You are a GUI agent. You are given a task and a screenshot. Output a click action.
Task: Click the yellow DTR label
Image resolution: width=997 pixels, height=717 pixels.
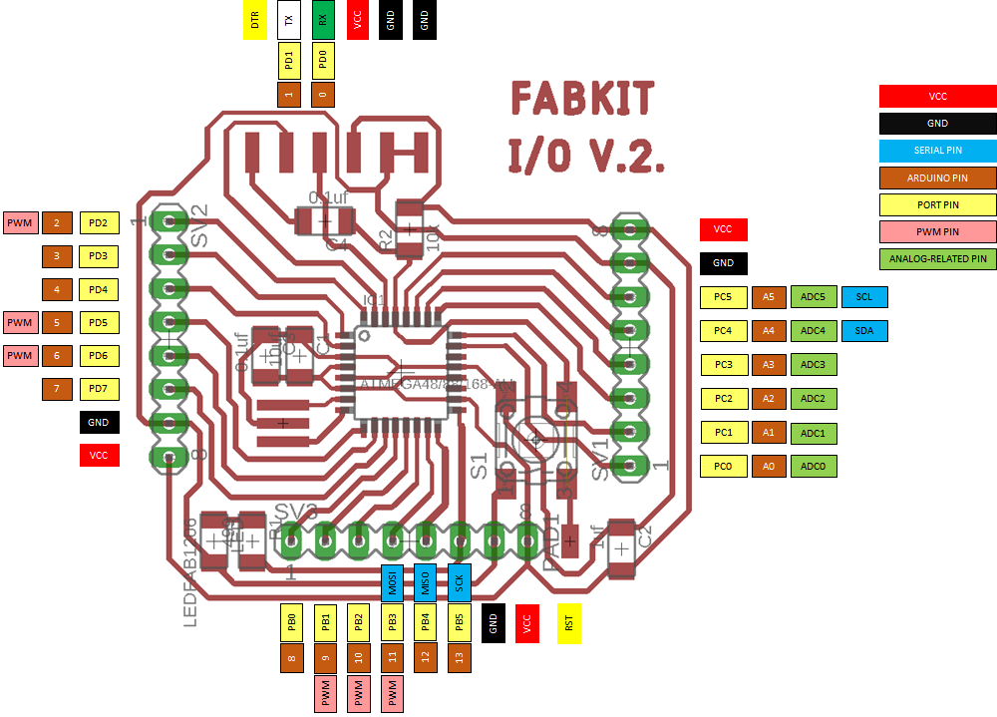255,19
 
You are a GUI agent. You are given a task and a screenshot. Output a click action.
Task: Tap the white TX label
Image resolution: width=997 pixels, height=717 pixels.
289,19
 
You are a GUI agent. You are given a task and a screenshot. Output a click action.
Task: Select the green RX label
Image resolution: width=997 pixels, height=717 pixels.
322,19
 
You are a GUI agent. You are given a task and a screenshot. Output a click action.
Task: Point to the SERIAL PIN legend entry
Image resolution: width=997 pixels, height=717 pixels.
937,151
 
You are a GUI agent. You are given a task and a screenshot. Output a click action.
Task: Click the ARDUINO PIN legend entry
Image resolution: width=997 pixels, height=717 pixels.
937,179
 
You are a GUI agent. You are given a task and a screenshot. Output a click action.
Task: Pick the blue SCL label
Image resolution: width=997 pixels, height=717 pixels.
863,297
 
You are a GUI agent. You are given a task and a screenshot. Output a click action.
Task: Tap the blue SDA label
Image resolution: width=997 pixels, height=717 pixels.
863,330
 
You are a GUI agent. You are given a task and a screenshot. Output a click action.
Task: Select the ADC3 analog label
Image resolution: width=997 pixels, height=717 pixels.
813,365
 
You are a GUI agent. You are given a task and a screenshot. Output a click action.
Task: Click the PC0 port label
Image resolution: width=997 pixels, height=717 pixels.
724,466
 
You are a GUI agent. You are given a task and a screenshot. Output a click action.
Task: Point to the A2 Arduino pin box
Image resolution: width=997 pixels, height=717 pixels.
768,399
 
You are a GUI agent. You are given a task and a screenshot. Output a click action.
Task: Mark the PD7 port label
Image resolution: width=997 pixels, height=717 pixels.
98,388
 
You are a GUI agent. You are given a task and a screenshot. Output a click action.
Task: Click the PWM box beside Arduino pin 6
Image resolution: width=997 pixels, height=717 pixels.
19,355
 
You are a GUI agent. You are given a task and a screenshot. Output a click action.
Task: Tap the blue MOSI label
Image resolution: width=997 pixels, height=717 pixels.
392,580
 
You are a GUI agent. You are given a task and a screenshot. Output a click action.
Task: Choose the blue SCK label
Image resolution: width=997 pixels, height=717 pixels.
459,580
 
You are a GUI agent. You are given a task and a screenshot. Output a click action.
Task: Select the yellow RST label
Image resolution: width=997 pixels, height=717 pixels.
568,623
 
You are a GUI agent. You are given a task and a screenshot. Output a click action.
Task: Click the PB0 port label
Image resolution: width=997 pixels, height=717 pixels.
291,623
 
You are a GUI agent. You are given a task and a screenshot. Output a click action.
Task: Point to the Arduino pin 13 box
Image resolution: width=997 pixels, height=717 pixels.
459,657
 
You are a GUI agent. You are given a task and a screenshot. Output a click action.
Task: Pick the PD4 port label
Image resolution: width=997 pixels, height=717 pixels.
98,289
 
